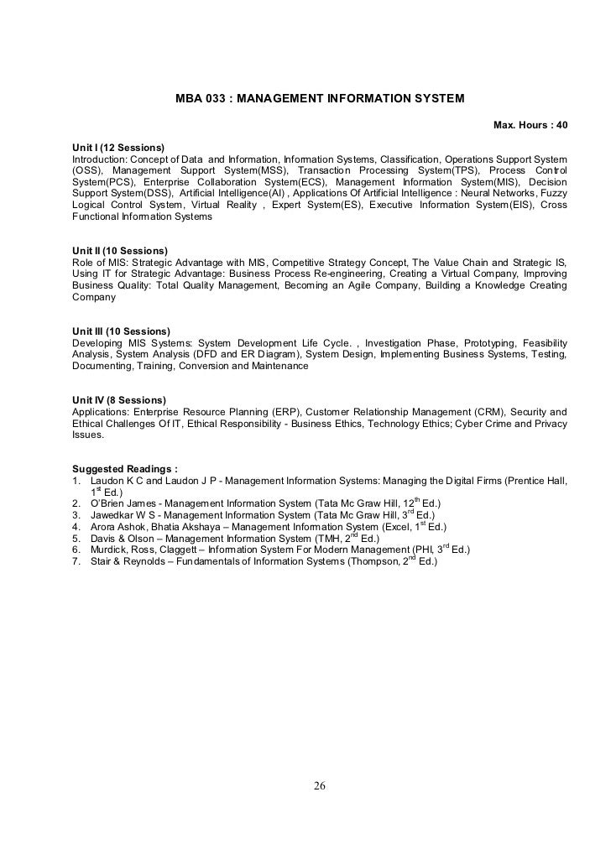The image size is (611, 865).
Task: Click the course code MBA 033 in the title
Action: [x=200, y=99]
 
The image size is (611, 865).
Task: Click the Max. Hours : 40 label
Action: [x=530, y=125]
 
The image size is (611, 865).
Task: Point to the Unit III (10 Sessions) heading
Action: [x=122, y=331]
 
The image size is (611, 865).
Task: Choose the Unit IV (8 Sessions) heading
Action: [x=119, y=399]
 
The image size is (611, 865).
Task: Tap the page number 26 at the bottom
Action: [x=320, y=785]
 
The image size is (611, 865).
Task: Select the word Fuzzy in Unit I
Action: [x=554, y=193]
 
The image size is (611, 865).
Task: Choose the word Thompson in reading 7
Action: [x=371, y=562]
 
